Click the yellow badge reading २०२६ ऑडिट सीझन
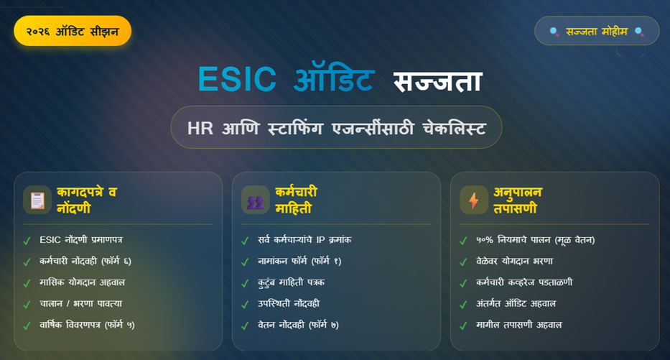[x=73, y=31]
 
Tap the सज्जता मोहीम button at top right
[x=596, y=31]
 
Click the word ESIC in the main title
[x=237, y=79]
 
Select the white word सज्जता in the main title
[x=437, y=80]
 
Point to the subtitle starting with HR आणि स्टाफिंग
[x=336, y=128]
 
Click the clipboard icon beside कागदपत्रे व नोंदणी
[x=37, y=200]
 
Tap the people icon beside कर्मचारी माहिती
[x=256, y=200]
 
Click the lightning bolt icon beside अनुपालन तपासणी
[x=474, y=200]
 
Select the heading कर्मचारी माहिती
[x=296, y=200]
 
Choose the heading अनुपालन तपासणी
[x=517, y=200]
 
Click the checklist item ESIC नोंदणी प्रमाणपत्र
[x=86, y=240]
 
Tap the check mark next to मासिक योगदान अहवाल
[x=27, y=283]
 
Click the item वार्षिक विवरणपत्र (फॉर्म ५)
[x=87, y=325]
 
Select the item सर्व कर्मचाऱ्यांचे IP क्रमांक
[x=304, y=240]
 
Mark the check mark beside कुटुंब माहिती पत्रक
[x=246, y=283]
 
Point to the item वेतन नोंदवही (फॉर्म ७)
[x=298, y=325]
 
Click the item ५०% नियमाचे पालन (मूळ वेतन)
[x=535, y=240]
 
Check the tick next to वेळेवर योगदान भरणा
[x=464, y=262]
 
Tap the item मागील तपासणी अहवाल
[x=518, y=325]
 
